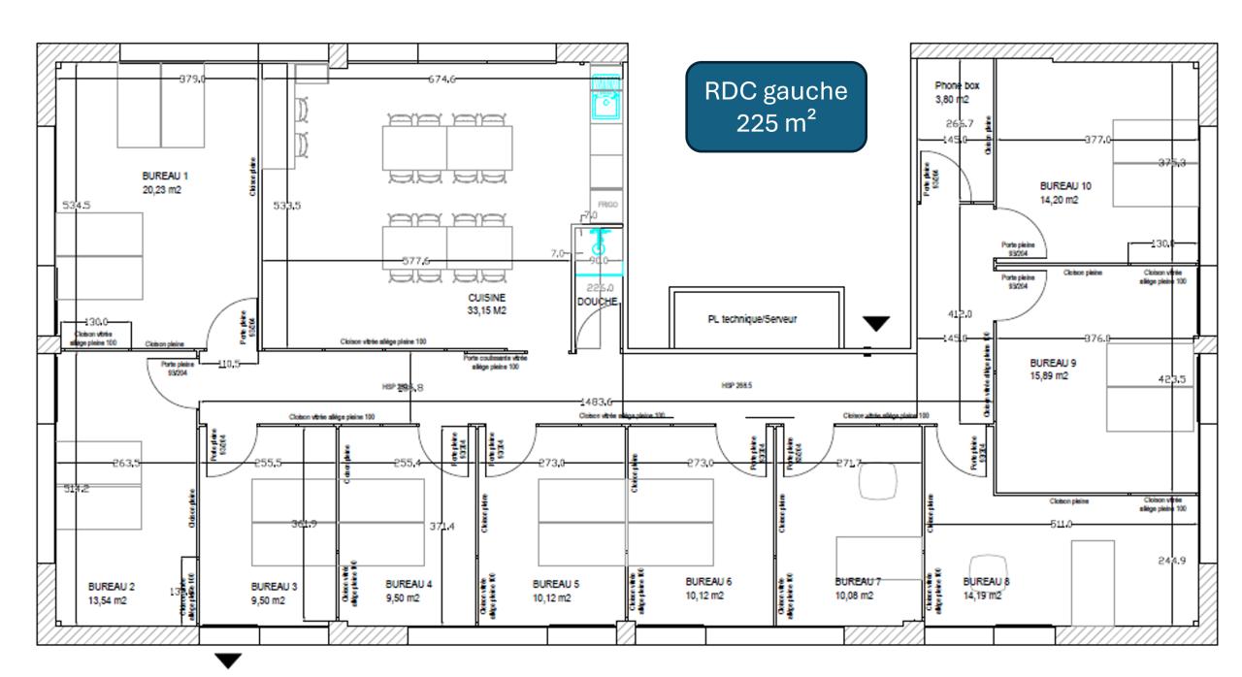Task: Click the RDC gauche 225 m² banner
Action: point(775,107)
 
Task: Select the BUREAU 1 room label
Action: point(165,177)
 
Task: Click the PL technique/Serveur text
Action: point(752,319)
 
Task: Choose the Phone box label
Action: point(957,85)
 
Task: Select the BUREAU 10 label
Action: point(1065,184)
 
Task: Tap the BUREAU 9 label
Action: point(1053,363)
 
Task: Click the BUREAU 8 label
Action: point(986,582)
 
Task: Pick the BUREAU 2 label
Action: point(112,587)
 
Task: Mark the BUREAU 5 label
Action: point(556,585)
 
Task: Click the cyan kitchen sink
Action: point(605,96)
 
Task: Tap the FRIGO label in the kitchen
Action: point(607,205)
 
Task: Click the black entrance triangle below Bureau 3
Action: point(227,661)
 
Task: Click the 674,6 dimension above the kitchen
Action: point(441,80)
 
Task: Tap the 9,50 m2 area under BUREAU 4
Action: point(401,598)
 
